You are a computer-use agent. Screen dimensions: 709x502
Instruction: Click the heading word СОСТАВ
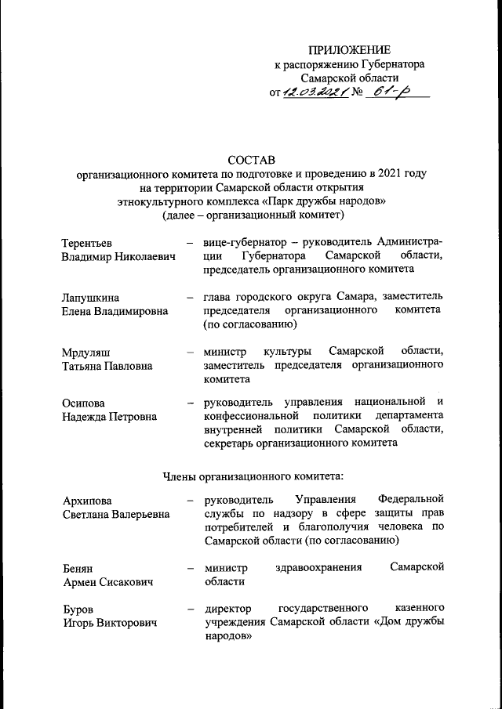click(x=251, y=161)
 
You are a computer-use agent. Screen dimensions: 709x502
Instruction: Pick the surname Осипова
click(x=85, y=403)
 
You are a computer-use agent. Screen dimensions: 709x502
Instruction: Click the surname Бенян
click(x=79, y=567)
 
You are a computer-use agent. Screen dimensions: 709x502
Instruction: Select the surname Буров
click(x=79, y=609)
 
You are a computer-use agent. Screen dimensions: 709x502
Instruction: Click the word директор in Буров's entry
click(x=228, y=608)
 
